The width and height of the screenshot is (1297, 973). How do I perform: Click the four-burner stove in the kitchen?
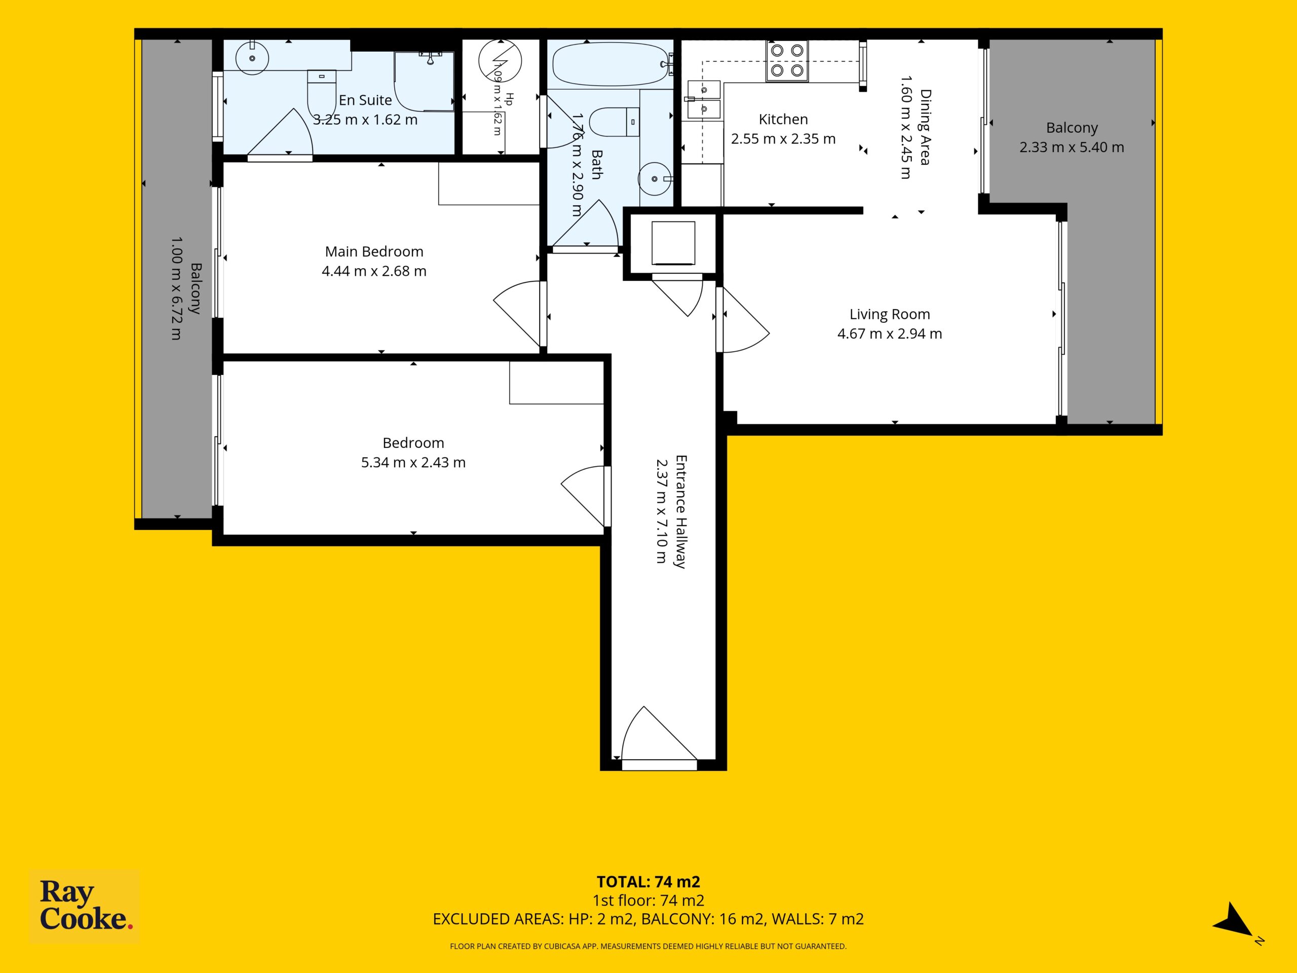point(787,61)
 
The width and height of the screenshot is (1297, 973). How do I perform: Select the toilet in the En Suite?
point(322,94)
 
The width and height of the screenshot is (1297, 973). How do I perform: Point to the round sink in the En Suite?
point(252,58)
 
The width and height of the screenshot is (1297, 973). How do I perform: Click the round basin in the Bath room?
point(655,178)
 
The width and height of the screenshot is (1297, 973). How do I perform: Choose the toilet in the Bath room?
point(614,122)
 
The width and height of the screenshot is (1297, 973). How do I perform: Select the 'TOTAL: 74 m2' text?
point(648,881)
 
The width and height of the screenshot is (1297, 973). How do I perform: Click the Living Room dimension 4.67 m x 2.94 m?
point(890,334)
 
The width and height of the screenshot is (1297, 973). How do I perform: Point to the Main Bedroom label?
point(374,251)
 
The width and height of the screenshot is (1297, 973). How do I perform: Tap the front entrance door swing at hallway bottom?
point(660,737)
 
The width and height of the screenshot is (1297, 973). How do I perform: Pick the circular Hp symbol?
point(500,60)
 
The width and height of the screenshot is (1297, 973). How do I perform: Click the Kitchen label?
point(783,119)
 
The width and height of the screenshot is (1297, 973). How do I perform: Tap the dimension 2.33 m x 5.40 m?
point(1072,147)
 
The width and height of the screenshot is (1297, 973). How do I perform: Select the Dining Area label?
point(925,127)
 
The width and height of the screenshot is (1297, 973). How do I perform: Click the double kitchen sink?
point(704,100)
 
